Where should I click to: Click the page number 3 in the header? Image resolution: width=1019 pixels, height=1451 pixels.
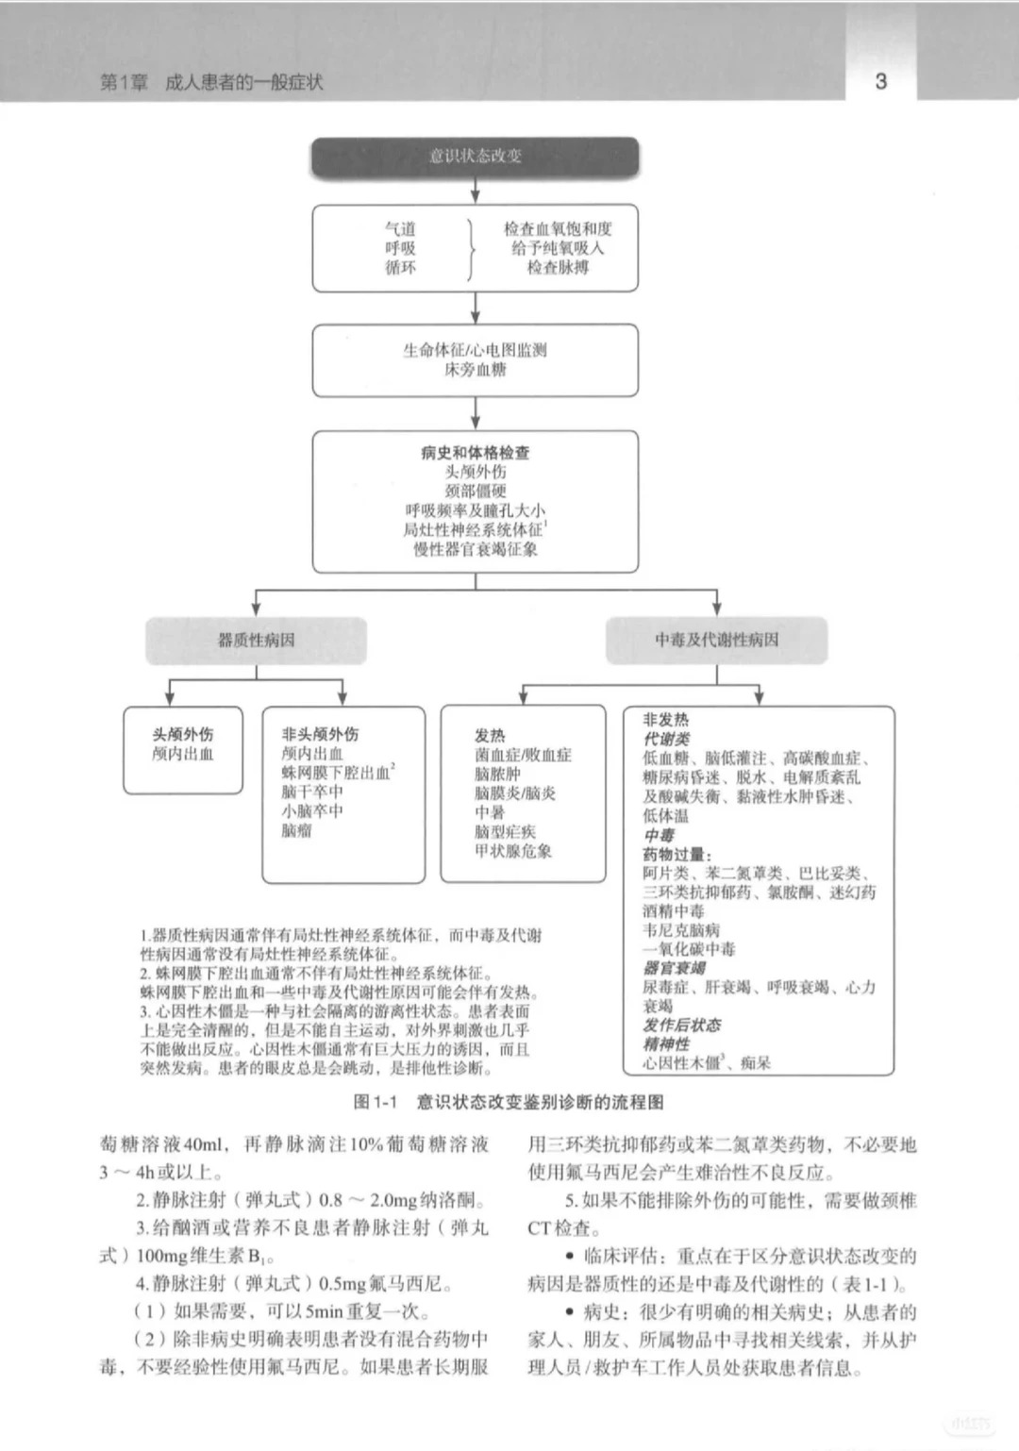tap(880, 81)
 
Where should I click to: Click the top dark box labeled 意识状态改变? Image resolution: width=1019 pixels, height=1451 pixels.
tap(476, 157)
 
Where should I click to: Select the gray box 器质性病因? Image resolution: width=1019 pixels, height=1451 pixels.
tap(256, 641)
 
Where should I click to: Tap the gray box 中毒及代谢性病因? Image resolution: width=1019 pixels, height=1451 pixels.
tap(716, 641)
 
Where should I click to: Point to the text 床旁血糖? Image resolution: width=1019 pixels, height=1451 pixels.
tap(476, 370)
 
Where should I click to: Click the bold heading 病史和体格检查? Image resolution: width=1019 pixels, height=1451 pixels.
tap(476, 453)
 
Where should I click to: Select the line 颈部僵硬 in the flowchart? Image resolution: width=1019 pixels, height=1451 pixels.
tap(476, 492)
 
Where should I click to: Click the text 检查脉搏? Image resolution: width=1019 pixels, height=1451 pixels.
tap(558, 268)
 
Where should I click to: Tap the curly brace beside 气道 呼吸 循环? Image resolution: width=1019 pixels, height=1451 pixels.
tap(471, 248)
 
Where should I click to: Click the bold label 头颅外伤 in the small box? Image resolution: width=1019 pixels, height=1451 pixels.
tap(183, 734)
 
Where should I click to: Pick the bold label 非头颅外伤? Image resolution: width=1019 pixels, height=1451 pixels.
tap(320, 734)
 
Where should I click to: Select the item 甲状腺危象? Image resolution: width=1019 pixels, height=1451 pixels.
tap(513, 851)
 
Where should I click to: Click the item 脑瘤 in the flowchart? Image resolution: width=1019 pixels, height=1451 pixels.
tap(295, 831)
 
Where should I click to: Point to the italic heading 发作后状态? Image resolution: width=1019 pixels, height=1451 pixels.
tap(681, 1026)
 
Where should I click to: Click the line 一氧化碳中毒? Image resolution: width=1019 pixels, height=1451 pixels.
tap(689, 949)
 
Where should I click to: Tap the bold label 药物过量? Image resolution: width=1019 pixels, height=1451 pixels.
tap(677, 855)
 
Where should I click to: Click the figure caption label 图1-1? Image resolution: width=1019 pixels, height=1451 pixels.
tap(376, 1102)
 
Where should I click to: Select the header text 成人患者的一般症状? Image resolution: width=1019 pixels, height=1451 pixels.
tap(243, 83)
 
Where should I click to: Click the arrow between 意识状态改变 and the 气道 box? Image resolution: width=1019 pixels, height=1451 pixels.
tap(476, 190)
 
